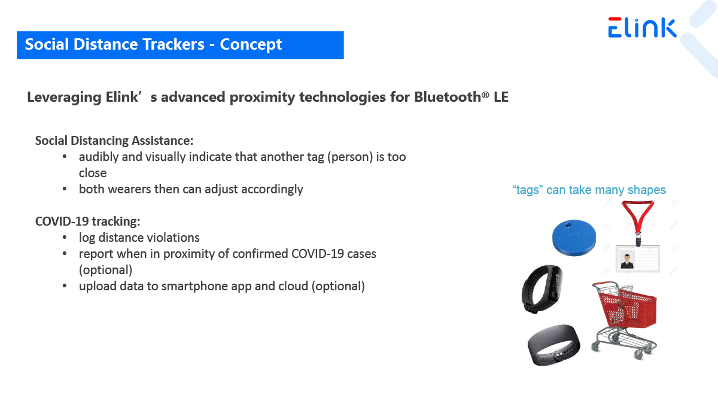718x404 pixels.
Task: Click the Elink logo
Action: coord(642,28)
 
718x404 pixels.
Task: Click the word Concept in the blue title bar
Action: coord(251,44)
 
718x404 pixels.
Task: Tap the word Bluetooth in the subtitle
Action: coord(448,97)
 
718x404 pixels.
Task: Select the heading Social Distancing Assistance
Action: coord(114,141)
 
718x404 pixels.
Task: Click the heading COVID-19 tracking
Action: coord(87,221)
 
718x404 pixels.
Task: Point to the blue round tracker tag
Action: coord(574,238)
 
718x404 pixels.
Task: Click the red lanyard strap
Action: coord(638,217)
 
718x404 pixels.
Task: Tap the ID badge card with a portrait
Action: coord(638,259)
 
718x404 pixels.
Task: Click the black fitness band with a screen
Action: coord(541,289)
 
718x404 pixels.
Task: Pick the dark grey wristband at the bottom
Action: coord(553,345)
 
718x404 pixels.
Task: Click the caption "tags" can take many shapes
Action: coord(589,190)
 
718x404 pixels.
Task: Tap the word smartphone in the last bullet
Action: coord(194,286)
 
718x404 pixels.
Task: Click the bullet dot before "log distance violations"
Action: coord(65,237)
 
